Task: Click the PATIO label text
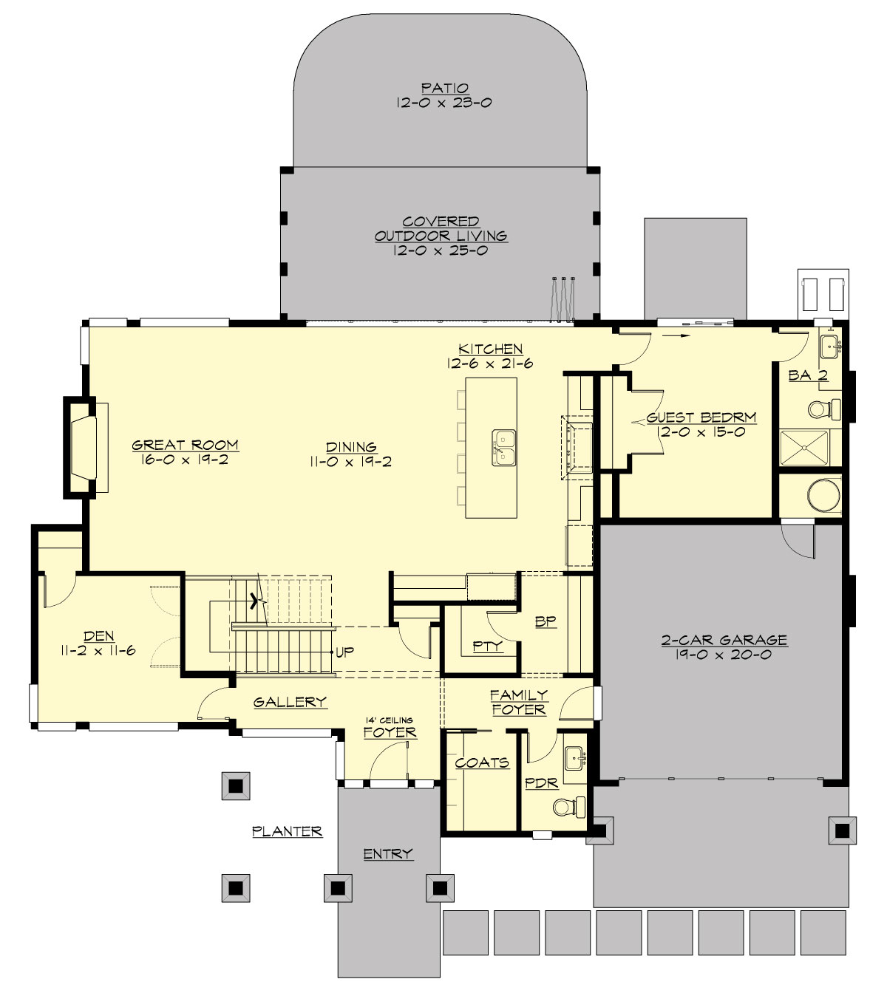coord(442,88)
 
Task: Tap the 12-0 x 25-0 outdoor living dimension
coord(441,250)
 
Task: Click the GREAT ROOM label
coord(185,445)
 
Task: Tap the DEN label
coord(98,635)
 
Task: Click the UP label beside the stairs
coord(344,652)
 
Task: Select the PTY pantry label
coord(488,646)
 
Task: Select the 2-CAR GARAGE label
coord(724,640)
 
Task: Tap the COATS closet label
coord(481,762)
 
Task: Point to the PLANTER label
coord(287,831)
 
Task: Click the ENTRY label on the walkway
coord(387,854)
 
